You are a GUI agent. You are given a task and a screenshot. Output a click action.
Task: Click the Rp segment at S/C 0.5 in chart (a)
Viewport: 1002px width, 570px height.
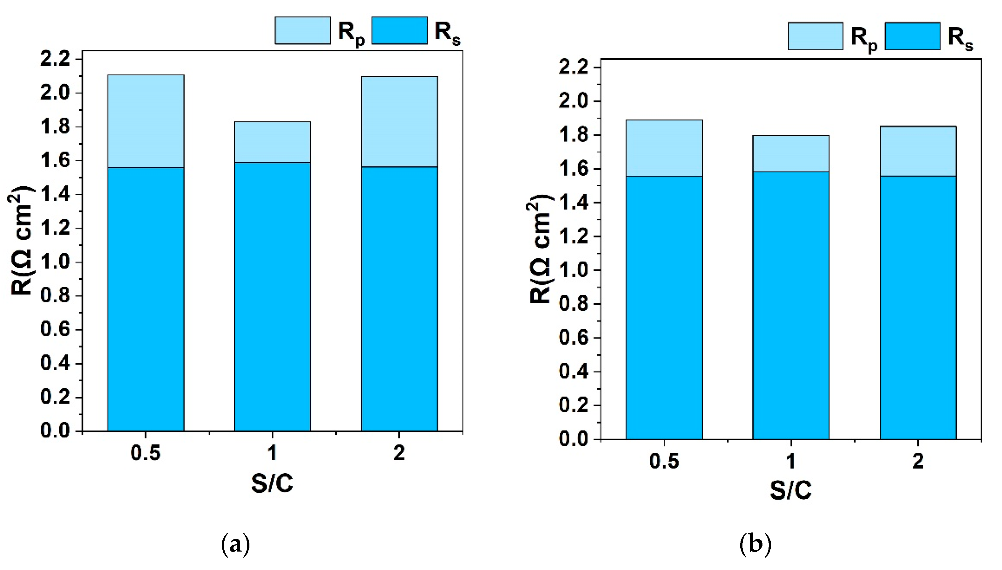pyautogui.click(x=146, y=121)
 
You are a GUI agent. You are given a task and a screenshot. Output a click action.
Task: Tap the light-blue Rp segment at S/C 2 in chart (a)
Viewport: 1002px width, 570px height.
pyautogui.click(x=399, y=121)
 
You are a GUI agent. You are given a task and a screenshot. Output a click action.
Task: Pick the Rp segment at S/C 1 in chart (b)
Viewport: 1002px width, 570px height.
pyautogui.click(x=791, y=154)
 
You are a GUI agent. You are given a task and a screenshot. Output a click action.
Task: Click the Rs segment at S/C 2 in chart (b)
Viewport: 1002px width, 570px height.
pyautogui.click(x=918, y=307)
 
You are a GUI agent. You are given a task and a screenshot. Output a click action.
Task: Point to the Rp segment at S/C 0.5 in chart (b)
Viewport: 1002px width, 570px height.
pyautogui.click(x=664, y=148)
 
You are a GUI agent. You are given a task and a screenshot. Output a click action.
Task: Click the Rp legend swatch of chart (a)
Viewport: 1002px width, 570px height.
pyautogui.click(x=302, y=30)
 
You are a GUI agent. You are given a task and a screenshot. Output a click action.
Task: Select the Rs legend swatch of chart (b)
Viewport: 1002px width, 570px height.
pyautogui.click(x=912, y=36)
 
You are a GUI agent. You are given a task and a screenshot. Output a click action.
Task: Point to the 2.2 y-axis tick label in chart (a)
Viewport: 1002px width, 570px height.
pyautogui.click(x=55, y=59)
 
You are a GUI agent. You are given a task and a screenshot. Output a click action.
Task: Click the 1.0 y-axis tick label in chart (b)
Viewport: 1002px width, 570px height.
pyautogui.click(x=574, y=270)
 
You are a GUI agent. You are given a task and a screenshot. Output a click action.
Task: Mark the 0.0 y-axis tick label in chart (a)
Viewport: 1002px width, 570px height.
pyautogui.click(x=55, y=431)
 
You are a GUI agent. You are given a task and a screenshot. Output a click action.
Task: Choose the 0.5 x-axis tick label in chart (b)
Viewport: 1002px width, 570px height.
pyautogui.click(x=664, y=461)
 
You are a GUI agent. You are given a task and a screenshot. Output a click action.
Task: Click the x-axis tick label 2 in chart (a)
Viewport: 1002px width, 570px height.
pyautogui.click(x=399, y=453)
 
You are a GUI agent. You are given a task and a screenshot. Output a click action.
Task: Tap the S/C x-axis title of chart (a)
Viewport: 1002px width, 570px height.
pyautogui.click(x=272, y=483)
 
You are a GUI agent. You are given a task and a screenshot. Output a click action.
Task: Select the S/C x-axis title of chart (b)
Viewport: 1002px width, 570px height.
pyautogui.click(x=791, y=490)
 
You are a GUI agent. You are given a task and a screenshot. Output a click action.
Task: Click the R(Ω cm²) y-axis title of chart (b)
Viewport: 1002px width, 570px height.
pyautogui.click(x=540, y=249)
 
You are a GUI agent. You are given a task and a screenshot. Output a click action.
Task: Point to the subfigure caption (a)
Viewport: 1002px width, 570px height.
pyautogui.click(x=235, y=545)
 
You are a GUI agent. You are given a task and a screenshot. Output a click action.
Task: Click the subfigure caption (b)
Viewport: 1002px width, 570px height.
pyautogui.click(x=755, y=545)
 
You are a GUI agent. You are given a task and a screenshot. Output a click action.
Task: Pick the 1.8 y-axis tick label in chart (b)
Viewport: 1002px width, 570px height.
pyautogui.click(x=574, y=135)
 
